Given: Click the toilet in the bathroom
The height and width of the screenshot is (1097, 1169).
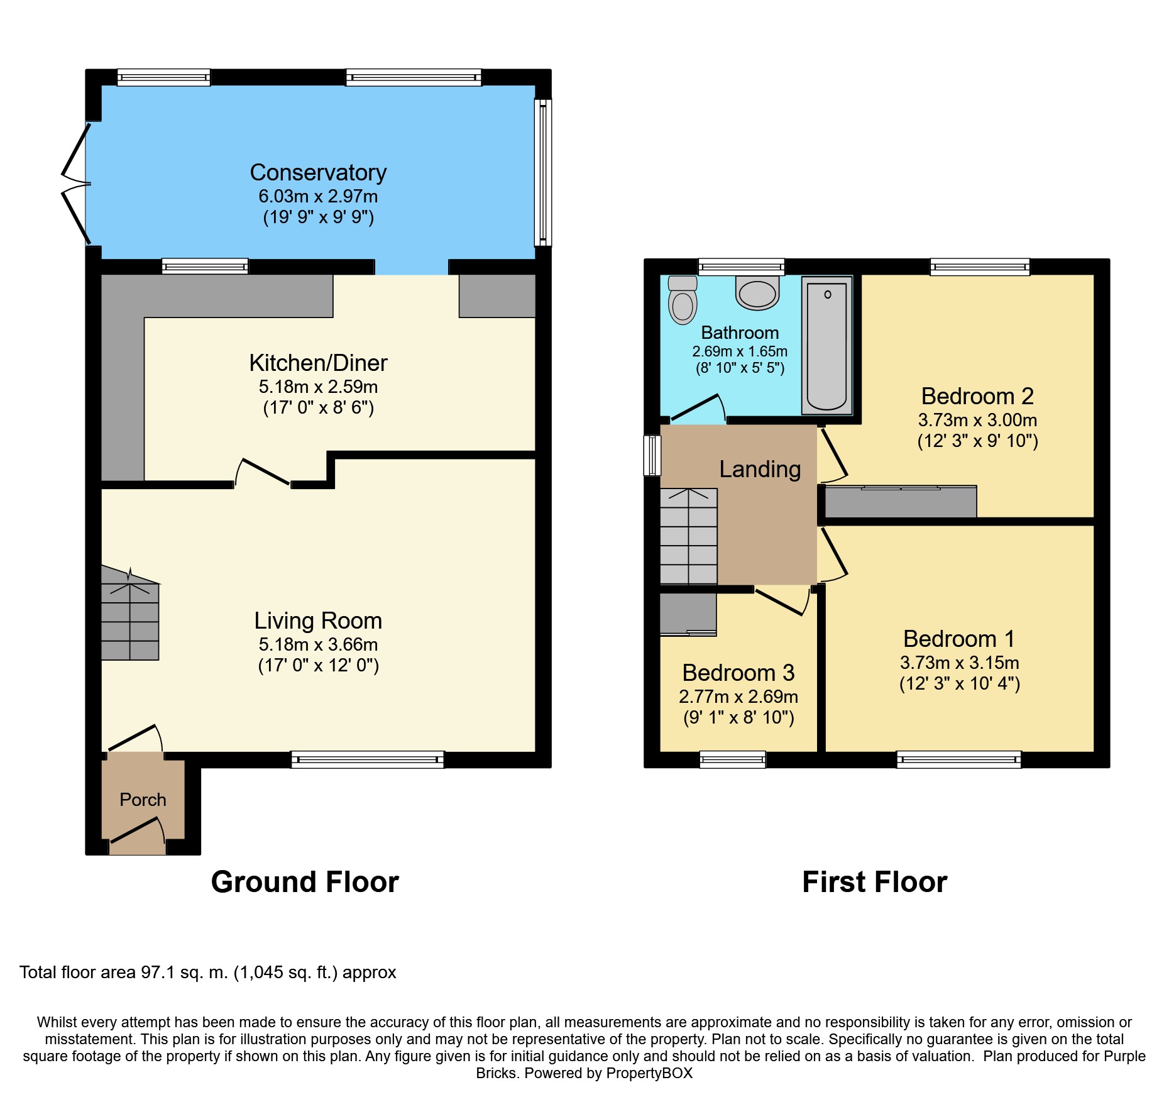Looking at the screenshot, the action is pyautogui.click(x=683, y=300).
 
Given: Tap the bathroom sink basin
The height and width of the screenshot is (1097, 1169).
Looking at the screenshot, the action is pyautogui.click(x=757, y=293).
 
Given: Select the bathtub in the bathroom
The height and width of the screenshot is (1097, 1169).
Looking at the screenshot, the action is pyautogui.click(x=826, y=346).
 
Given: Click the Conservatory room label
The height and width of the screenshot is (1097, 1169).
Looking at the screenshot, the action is pyautogui.click(x=318, y=172).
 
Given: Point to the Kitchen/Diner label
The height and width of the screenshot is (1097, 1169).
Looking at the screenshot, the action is pyautogui.click(x=318, y=363).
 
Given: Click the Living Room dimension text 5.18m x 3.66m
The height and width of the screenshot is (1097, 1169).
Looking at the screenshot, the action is pyautogui.click(x=318, y=644).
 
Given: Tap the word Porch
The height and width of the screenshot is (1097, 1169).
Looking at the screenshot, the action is pyautogui.click(x=143, y=800).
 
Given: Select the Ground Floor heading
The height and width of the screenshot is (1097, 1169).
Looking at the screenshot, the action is pyautogui.click(x=305, y=882).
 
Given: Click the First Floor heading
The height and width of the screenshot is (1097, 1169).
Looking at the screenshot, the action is pyautogui.click(x=874, y=882).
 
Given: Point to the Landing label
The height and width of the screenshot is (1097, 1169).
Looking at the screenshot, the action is pyautogui.click(x=760, y=469).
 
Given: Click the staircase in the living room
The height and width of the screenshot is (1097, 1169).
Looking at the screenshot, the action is pyautogui.click(x=130, y=614).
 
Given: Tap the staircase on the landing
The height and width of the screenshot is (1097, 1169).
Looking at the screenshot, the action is pyautogui.click(x=689, y=536).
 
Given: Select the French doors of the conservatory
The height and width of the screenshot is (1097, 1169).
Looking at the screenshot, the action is pyautogui.click(x=77, y=184).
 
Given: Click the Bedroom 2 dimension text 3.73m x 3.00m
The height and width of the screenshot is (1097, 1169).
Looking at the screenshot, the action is pyautogui.click(x=977, y=420).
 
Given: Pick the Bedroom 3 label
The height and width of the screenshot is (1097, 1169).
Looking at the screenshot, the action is pyautogui.click(x=738, y=673).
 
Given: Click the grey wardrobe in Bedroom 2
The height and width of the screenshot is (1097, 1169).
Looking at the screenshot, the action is pyautogui.click(x=901, y=502).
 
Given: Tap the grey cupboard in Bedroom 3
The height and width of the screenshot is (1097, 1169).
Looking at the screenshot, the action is pyautogui.click(x=688, y=614).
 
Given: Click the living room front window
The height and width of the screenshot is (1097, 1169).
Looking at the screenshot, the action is pyautogui.click(x=368, y=759).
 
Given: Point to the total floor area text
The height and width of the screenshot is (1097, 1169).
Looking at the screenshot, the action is pyautogui.click(x=208, y=973).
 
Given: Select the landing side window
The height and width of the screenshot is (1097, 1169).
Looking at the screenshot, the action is pyautogui.click(x=652, y=455).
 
